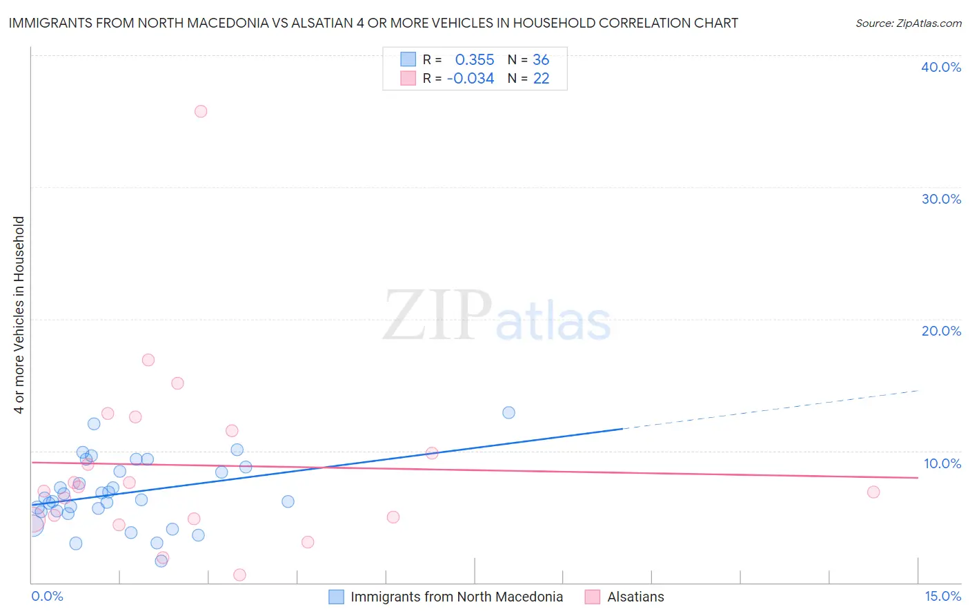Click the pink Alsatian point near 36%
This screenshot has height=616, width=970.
tap(201, 111)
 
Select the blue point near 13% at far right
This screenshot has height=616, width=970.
tap(508, 412)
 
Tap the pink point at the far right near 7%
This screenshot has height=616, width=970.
tap(873, 492)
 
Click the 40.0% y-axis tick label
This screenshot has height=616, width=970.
tap(941, 67)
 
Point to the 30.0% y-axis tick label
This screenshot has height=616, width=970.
tap(941, 199)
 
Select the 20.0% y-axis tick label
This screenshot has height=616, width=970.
tap(941, 331)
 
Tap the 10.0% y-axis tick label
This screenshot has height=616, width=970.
tap(942, 463)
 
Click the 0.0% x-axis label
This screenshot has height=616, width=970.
tap(47, 596)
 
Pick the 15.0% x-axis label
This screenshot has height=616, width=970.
tap(942, 596)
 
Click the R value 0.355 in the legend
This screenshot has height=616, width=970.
tap(475, 60)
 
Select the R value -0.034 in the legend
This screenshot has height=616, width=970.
tap(471, 79)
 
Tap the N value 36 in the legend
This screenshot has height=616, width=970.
tap(541, 60)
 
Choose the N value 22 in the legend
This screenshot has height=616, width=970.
tap(541, 79)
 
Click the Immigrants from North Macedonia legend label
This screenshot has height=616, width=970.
tap(457, 597)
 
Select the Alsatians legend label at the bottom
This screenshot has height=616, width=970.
tap(635, 597)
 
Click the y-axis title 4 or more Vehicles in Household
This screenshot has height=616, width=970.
tap(19, 315)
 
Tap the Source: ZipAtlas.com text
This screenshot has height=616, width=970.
tap(908, 23)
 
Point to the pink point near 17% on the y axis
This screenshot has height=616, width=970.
tap(148, 360)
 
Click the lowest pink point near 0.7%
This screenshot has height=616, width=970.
tap(239, 575)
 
